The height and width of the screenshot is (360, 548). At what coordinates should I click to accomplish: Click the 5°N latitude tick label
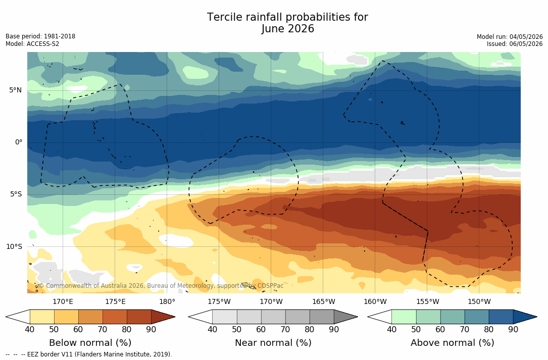click(x=15, y=90)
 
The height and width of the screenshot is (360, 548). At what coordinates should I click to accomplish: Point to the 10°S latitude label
click(x=14, y=247)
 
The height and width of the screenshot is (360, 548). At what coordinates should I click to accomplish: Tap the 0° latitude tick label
click(x=19, y=142)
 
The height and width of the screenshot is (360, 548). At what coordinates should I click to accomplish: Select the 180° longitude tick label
click(x=167, y=301)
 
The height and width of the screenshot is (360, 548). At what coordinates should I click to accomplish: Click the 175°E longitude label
click(x=115, y=301)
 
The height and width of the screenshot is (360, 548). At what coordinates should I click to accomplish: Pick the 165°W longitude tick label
click(x=324, y=301)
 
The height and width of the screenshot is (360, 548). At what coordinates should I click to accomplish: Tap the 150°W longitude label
click(x=479, y=301)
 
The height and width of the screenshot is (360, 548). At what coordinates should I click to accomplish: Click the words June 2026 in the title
click(x=287, y=29)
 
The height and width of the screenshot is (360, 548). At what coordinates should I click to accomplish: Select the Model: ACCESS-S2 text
click(x=32, y=44)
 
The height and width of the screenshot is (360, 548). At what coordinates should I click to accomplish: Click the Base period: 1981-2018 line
click(x=40, y=36)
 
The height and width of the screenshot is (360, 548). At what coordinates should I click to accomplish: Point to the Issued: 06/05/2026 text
click(x=515, y=44)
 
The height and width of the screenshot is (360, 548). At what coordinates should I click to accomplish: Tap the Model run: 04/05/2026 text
click(x=510, y=37)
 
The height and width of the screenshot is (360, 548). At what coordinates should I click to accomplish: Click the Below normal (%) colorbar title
click(x=90, y=342)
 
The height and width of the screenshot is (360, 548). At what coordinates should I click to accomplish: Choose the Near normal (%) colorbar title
click(x=273, y=342)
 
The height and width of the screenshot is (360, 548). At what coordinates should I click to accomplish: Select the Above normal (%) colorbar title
click(x=452, y=342)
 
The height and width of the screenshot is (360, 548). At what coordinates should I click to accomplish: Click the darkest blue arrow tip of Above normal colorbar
click(x=536, y=317)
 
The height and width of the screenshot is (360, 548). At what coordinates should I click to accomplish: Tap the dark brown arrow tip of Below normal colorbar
click(x=175, y=317)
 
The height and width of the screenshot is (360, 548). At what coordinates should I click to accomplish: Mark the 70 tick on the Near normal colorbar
click(x=285, y=329)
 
